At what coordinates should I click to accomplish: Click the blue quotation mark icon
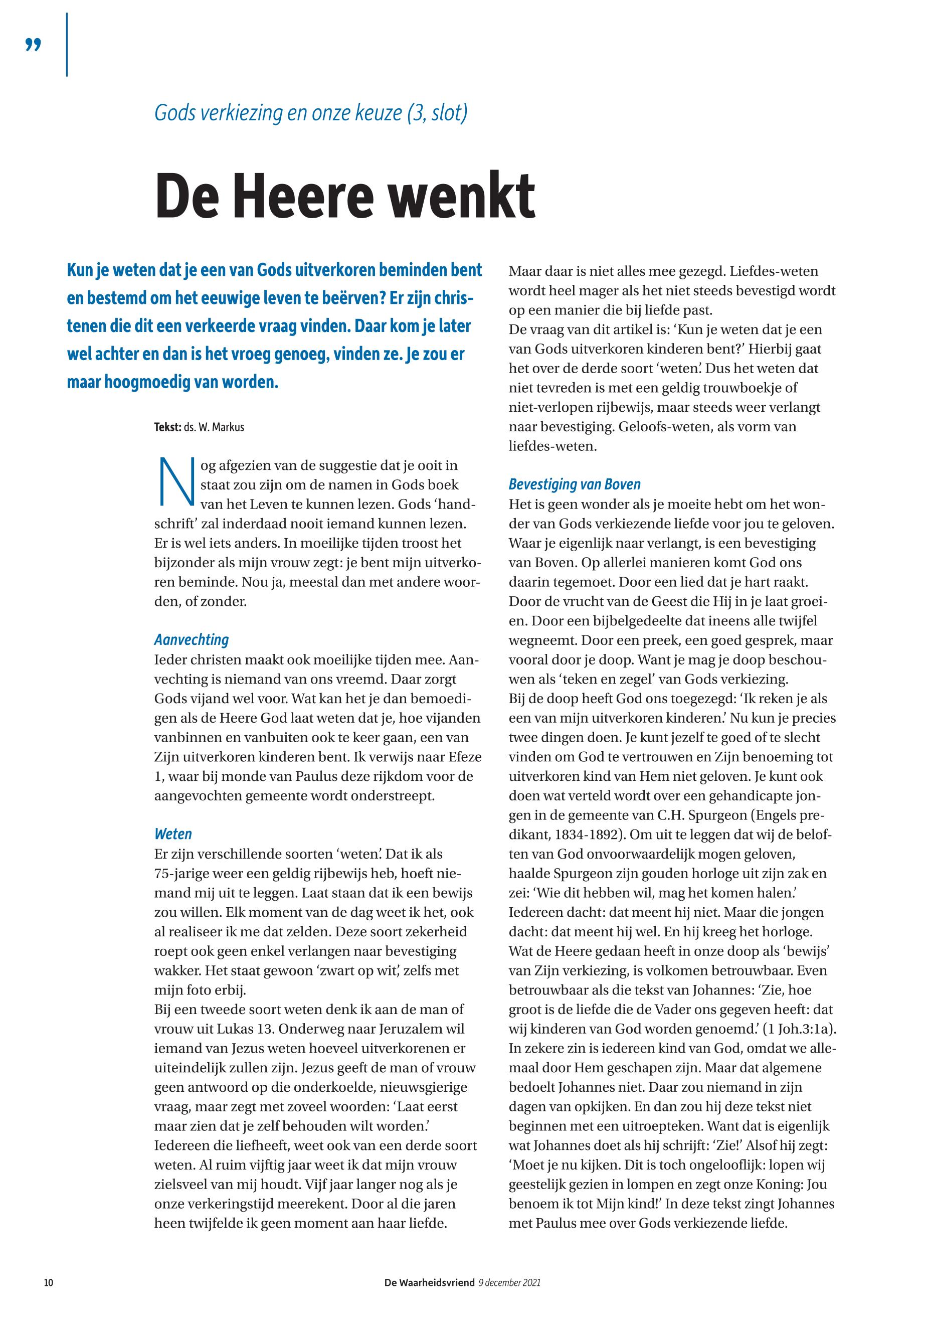point(34,45)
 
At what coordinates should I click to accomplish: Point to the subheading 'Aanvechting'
point(191,640)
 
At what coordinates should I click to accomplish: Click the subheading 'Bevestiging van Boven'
point(575,484)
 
